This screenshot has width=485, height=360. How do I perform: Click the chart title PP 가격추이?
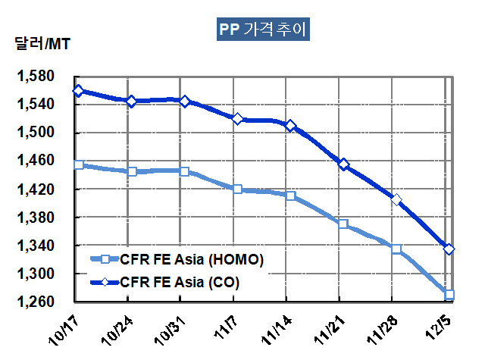click(x=262, y=31)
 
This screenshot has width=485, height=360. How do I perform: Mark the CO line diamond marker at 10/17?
click(x=79, y=91)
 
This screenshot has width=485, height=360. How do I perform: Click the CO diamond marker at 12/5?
click(x=449, y=249)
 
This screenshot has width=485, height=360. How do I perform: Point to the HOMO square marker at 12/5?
click(x=449, y=295)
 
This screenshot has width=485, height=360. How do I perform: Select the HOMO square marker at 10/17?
click(x=79, y=164)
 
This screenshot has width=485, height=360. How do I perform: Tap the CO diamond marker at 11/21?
click(x=344, y=164)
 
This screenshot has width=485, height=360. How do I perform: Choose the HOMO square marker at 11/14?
click(x=291, y=196)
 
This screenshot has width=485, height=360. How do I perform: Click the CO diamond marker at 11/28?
click(x=396, y=200)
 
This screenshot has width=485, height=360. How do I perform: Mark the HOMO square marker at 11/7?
click(x=238, y=189)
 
